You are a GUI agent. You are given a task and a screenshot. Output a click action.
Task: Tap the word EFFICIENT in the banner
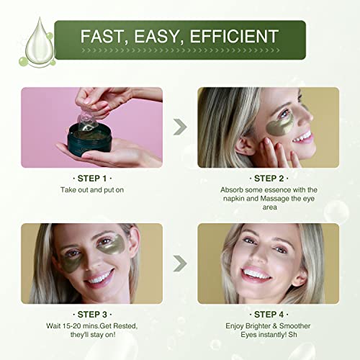234,36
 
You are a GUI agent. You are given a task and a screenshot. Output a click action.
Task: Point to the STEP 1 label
92,179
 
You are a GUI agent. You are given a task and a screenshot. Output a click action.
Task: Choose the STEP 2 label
269,179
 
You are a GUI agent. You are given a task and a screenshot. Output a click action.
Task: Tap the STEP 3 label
92,315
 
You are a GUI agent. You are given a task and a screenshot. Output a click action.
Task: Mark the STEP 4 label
269,315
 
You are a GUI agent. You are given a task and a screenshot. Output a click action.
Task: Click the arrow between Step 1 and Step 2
180,127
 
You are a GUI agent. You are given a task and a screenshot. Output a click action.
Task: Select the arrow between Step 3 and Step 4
180,264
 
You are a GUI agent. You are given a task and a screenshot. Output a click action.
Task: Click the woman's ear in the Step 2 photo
245,146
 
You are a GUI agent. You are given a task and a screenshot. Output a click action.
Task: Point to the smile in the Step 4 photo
256,274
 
